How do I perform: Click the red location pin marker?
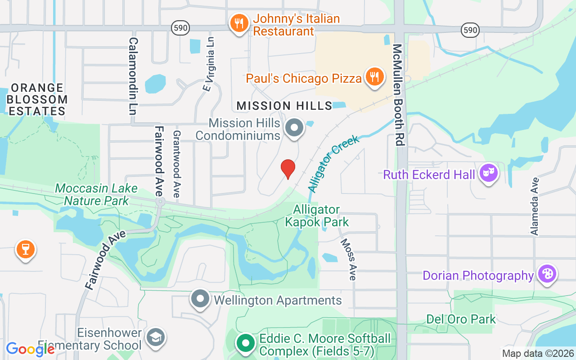288,169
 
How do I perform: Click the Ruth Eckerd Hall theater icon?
488,172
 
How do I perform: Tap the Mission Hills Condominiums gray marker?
295,127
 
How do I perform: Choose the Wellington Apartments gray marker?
200,299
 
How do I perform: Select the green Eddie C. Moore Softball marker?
245,344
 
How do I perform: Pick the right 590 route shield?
470,30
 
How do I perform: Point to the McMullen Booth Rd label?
397,94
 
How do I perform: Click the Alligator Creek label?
333,164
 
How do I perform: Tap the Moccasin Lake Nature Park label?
96,194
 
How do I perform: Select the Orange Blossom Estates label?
37,99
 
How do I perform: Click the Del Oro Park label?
461,319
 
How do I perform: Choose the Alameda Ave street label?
535,206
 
